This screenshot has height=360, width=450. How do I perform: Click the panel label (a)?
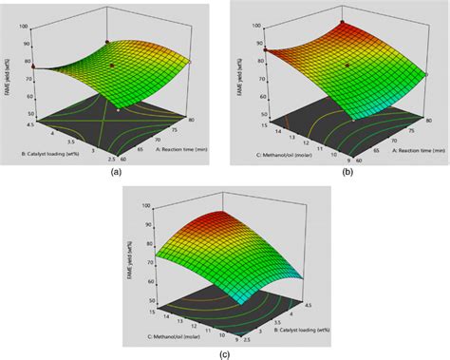click(x=115, y=172)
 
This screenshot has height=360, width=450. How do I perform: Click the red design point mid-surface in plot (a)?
click(x=113, y=65)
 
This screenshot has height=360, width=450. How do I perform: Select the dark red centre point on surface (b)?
click(x=347, y=65)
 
